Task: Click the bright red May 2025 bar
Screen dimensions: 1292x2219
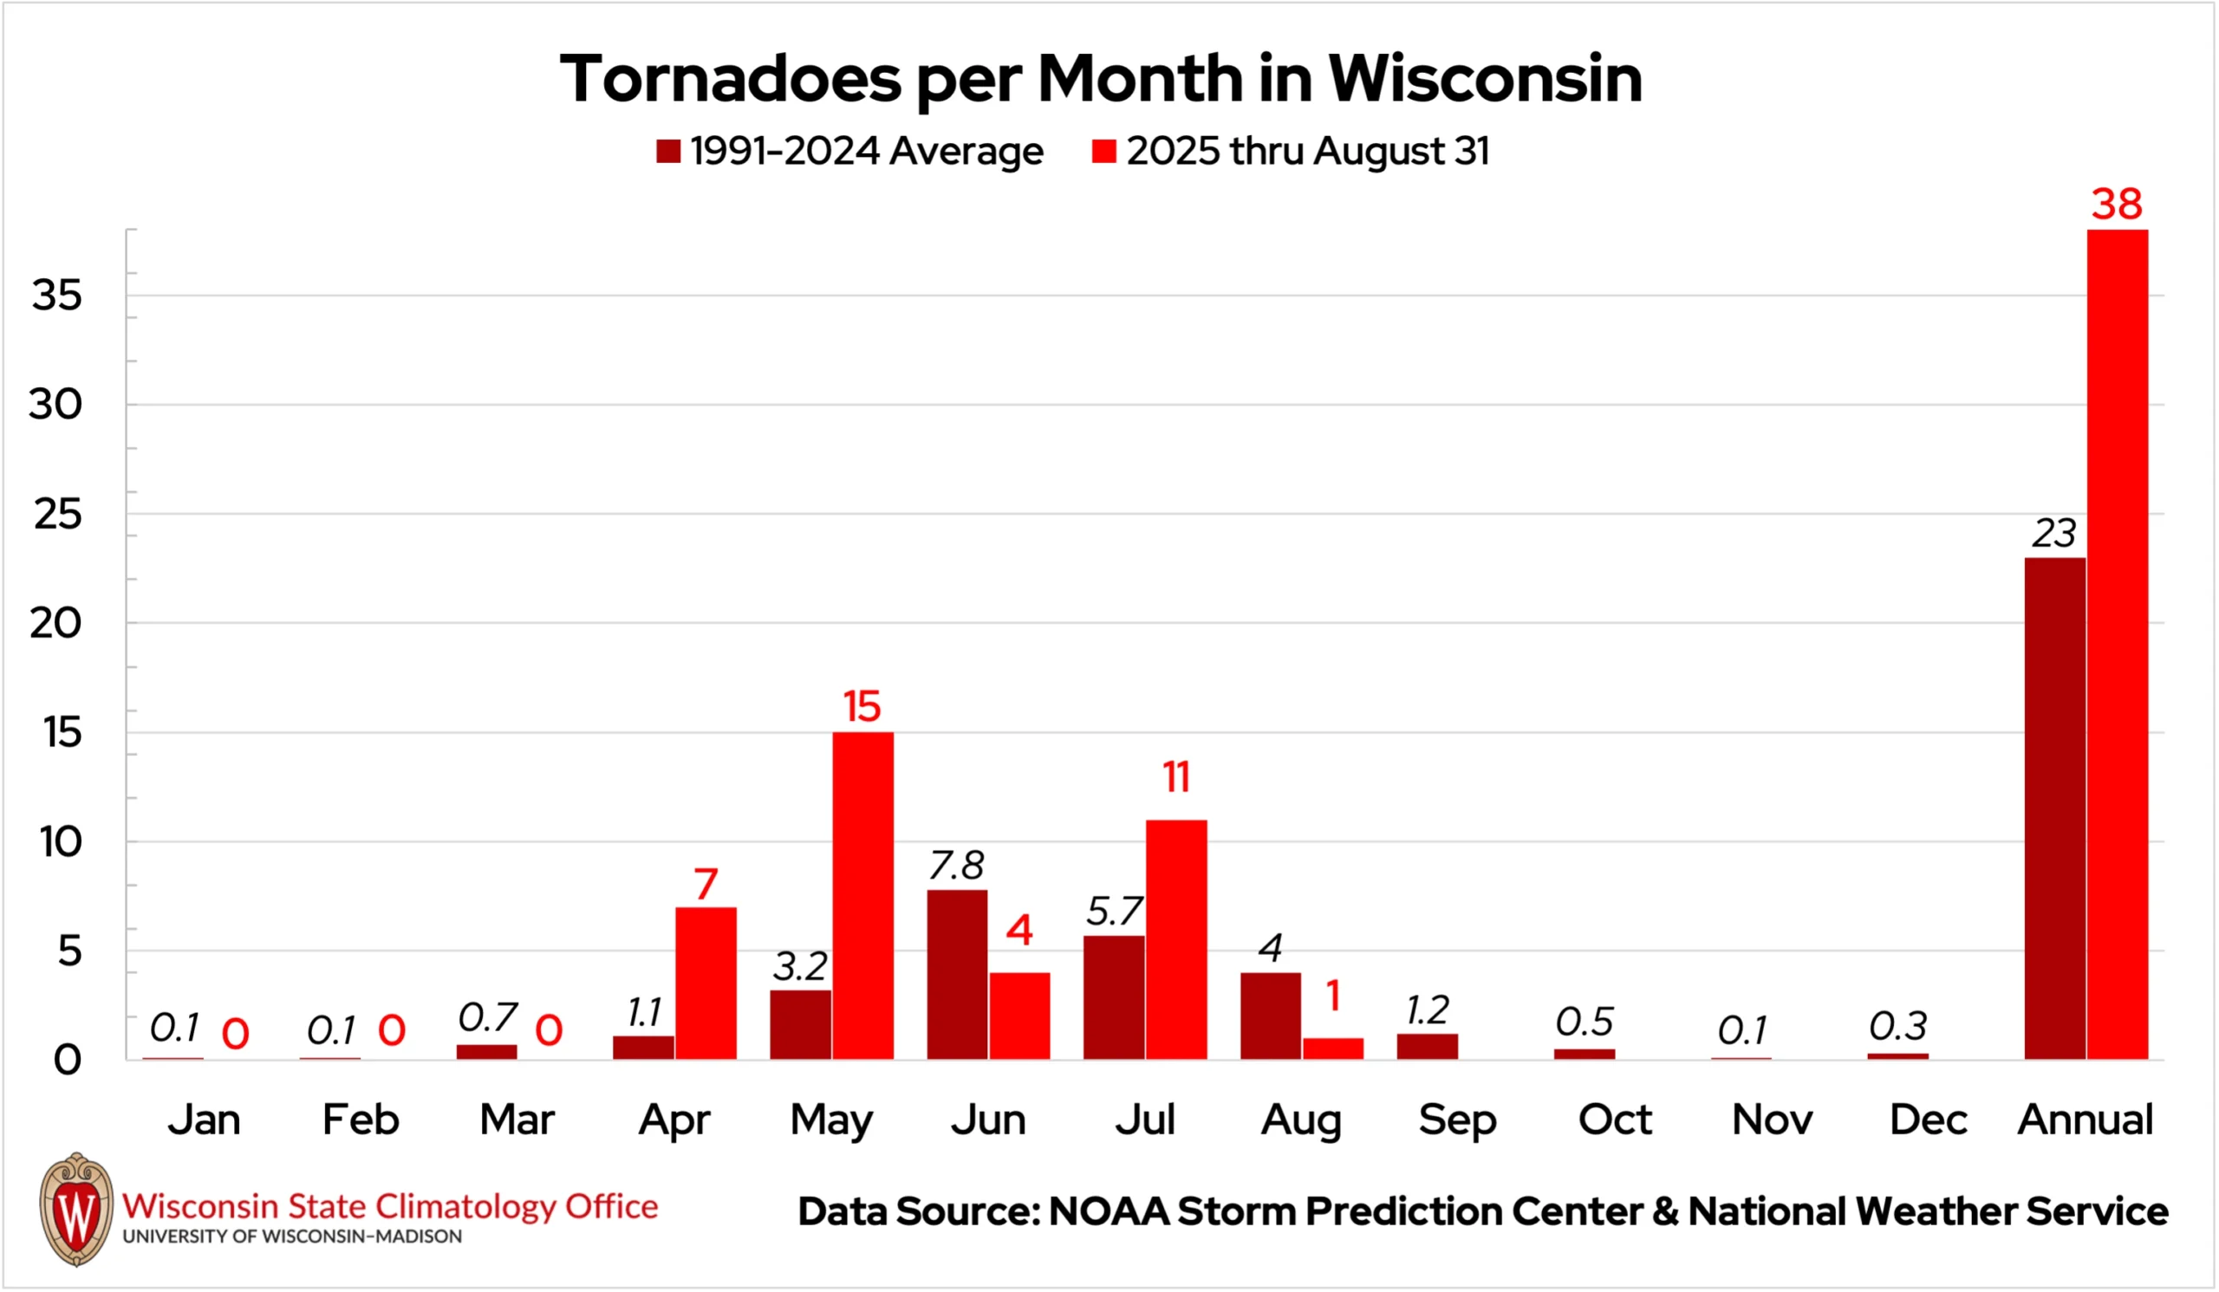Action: [863, 895]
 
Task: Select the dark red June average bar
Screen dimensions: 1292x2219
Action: [957, 974]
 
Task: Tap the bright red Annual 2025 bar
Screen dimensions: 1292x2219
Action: [2117, 644]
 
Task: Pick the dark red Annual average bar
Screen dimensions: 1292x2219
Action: [2054, 808]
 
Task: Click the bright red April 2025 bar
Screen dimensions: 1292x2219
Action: [706, 984]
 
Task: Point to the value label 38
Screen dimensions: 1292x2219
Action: [2117, 205]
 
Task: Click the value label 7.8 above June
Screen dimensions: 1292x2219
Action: [956, 866]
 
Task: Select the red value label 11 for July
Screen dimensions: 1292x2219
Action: [1176, 777]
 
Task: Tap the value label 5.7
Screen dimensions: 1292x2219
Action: [1114, 912]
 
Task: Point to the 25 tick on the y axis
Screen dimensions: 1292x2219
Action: [58, 515]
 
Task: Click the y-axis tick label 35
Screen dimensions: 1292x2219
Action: [57, 295]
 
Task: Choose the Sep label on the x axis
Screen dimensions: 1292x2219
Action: [1457, 1120]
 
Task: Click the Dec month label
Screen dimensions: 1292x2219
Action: [1929, 1120]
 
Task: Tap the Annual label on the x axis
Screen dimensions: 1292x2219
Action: [2086, 1120]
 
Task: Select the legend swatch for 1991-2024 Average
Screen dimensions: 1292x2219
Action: [668, 152]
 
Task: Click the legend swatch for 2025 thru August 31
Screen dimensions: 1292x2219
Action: [1104, 152]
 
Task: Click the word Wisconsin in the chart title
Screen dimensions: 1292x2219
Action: [1485, 79]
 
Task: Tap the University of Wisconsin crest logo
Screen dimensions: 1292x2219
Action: [76, 1210]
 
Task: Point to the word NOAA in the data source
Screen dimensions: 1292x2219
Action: [1109, 1212]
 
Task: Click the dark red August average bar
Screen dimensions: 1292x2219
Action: [1271, 1016]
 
